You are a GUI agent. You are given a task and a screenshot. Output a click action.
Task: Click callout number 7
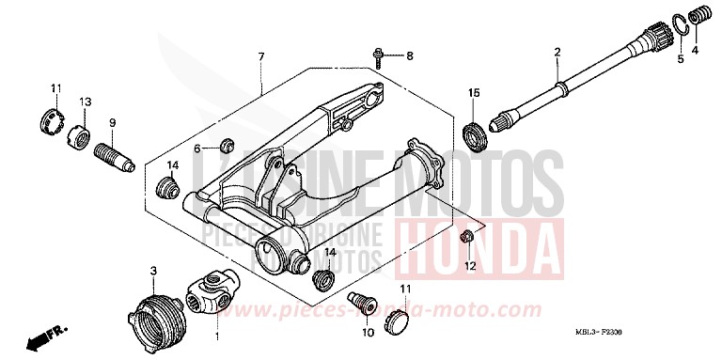click(260, 57)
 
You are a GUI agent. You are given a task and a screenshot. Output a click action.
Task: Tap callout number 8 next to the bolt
click(410, 56)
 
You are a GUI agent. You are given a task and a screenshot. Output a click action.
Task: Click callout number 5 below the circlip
click(681, 59)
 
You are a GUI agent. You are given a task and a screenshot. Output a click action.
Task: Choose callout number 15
click(475, 92)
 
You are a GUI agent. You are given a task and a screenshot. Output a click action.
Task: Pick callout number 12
click(470, 266)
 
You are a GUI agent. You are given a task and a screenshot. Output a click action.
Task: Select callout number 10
click(367, 332)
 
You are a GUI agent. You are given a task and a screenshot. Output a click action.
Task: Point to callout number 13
click(85, 102)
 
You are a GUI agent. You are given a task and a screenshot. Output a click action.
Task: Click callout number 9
click(112, 122)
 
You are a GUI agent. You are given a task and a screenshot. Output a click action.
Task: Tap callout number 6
click(198, 149)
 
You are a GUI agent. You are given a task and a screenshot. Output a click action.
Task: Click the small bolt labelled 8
click(378, 56)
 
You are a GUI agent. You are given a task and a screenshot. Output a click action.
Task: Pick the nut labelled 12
click(467, 235)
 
